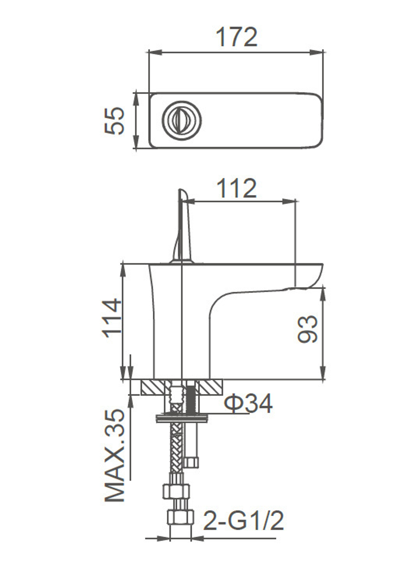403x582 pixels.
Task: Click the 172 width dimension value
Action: click(x=237, y=37)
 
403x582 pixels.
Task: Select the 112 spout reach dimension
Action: click(x=237, y=188)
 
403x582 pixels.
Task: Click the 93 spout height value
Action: click(x=307, y=329)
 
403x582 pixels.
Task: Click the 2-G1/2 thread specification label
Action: click(x=243, y=520)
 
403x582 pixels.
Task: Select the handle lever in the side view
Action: click(x=182, y=226)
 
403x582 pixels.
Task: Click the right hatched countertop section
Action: click(x=211, y=388)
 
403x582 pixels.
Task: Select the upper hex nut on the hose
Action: click(x=176, y=491)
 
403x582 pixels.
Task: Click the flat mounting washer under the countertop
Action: click(x=180, y=419)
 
